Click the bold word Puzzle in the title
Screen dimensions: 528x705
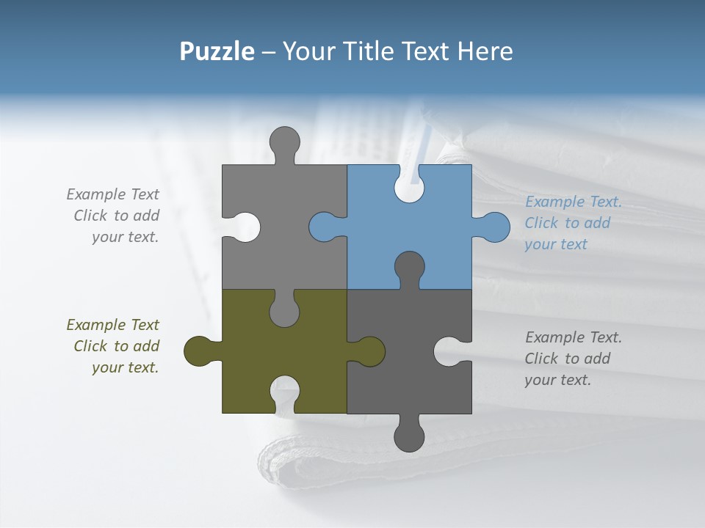pyautogui.click(x=217, y=51)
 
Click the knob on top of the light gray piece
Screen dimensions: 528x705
pyautogui.click(x=284, y=142)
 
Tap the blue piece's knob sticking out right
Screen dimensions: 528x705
pyautogui.click(x=493, y=227)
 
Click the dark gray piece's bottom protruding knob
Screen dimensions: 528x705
pyautogui.click(x=409, y=436)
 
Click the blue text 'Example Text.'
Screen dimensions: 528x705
pyautogui.click(x=574, y=202)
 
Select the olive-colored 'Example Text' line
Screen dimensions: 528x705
pyautogui.click(x=112, y=325)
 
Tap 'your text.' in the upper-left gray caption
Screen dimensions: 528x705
pyautogui.click(x=125, y=237)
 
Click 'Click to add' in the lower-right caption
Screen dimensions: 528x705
pyautogui.click(x=567, y=359)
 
